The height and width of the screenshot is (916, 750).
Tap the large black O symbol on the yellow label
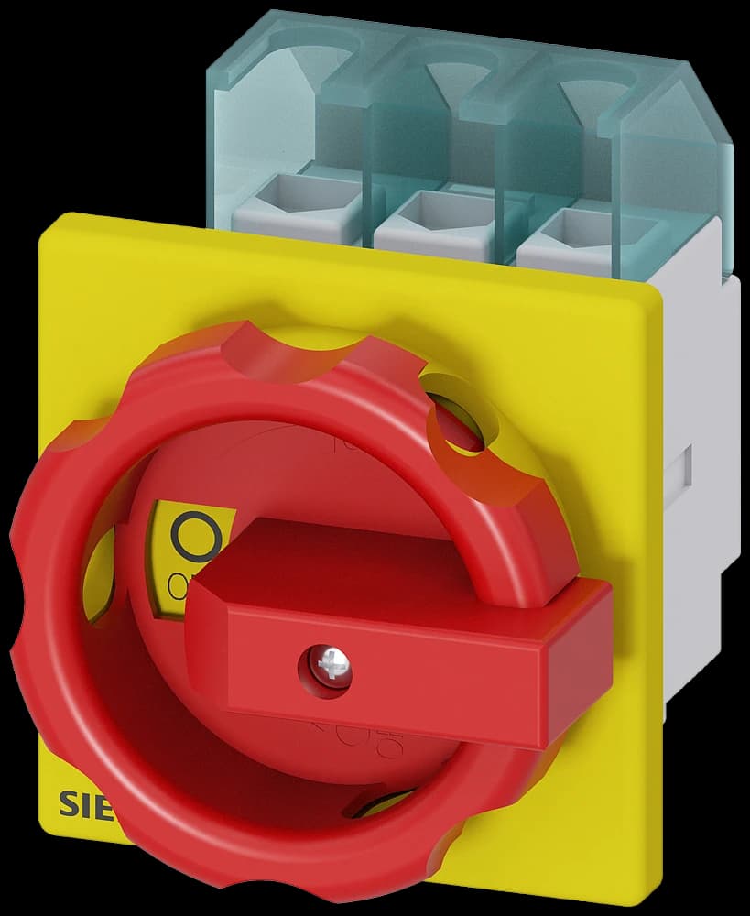click(x=194, y=538)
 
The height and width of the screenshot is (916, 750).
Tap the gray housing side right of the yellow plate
click(x=705, y=440)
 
